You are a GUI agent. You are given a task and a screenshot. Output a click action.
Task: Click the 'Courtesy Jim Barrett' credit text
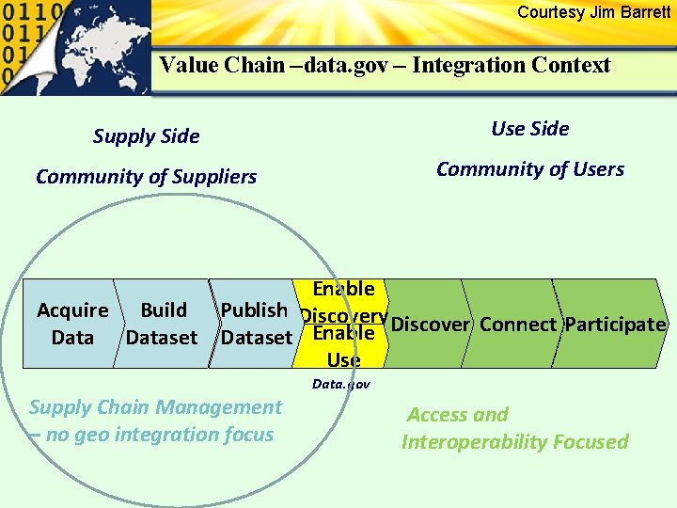593,12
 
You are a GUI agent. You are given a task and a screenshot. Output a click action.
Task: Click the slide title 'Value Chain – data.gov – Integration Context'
385,65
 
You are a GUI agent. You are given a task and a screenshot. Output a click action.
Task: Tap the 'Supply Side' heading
146,136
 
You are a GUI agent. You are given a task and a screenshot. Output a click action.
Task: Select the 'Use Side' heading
530,129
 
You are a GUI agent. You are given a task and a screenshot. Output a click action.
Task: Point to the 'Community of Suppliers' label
146,177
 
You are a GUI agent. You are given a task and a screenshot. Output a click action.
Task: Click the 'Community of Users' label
530,169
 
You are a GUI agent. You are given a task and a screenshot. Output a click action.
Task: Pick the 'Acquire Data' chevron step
71,324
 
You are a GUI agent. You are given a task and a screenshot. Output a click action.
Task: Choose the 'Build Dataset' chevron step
162,324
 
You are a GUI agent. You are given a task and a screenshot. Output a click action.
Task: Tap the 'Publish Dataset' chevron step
255,324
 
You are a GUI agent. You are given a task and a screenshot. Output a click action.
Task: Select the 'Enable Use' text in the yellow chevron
343,346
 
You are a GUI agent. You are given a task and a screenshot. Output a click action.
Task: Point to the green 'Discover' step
429,325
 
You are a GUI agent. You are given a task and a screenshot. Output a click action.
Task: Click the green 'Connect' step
517,325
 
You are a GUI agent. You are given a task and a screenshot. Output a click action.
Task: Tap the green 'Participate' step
615,325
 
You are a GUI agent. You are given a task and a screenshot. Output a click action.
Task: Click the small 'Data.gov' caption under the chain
340,384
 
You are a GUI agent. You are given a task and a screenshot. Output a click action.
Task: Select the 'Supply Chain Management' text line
155,407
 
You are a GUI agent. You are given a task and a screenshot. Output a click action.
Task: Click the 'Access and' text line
457,415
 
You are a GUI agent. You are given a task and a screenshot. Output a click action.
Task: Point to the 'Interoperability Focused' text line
514,442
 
